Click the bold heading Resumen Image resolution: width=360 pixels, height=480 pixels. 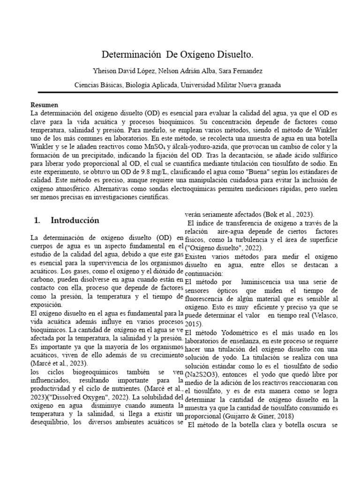pyautogui.click(x=44, y=105)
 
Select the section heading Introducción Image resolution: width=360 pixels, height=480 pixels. pyautogui.click(x=75, y=220)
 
